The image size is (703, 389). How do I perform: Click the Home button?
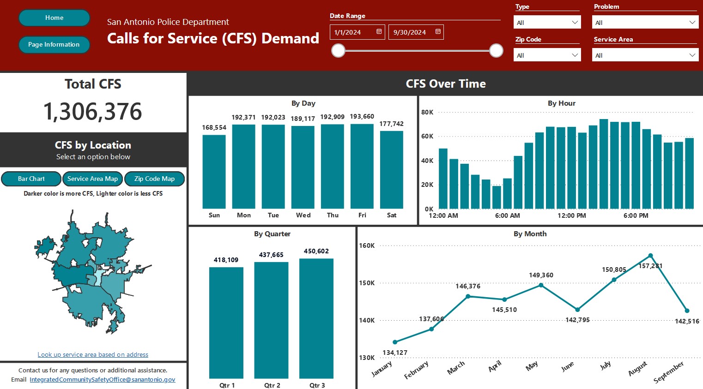point(55,18)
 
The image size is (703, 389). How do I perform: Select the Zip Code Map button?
point(154,179)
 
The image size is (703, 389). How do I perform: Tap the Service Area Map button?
point(92,179)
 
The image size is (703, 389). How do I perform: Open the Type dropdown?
point(547,22)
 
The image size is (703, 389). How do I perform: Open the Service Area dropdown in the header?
point(645,55)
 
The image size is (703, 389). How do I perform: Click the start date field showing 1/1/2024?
point(357,32)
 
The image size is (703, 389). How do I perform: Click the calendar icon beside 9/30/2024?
point(438,31)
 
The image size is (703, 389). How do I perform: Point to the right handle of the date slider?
point(496,50)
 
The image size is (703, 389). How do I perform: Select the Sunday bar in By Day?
point(214,172)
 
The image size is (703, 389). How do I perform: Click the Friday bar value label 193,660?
point(362,117)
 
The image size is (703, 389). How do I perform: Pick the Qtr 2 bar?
point(271,320)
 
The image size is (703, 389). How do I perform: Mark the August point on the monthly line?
point(651,256)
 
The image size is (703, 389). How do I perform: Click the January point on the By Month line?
point(395,342)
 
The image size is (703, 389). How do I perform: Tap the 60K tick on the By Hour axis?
point(427,136)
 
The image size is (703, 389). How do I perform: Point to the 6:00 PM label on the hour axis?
point(636,215)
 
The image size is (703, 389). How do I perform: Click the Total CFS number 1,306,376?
point(92,112)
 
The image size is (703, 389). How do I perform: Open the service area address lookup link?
point(93,354)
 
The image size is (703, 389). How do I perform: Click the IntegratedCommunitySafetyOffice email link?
point(103,380)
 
